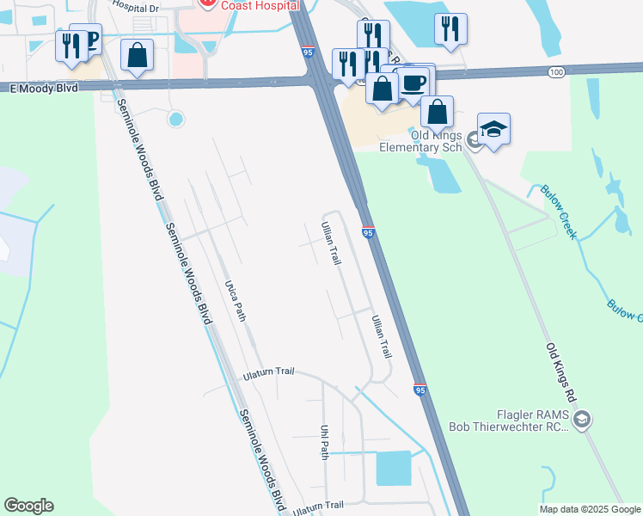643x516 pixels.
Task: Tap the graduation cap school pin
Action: coord(493,129)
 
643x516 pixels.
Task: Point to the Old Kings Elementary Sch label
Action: coord(424,142)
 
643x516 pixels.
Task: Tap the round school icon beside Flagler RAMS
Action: coord(581,419)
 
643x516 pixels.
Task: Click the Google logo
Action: coord(28,506)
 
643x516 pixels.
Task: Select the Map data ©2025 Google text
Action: coord(591,509)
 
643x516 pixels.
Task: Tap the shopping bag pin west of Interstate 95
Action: coord(137,56)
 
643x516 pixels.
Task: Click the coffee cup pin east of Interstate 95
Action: coord(413,83)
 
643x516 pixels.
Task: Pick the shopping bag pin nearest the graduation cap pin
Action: coord(437,112)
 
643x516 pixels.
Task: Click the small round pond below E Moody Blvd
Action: coord(175,119)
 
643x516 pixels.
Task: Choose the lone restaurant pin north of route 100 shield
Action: coord(450,29)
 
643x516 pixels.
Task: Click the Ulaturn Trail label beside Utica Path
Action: coord(268,372)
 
